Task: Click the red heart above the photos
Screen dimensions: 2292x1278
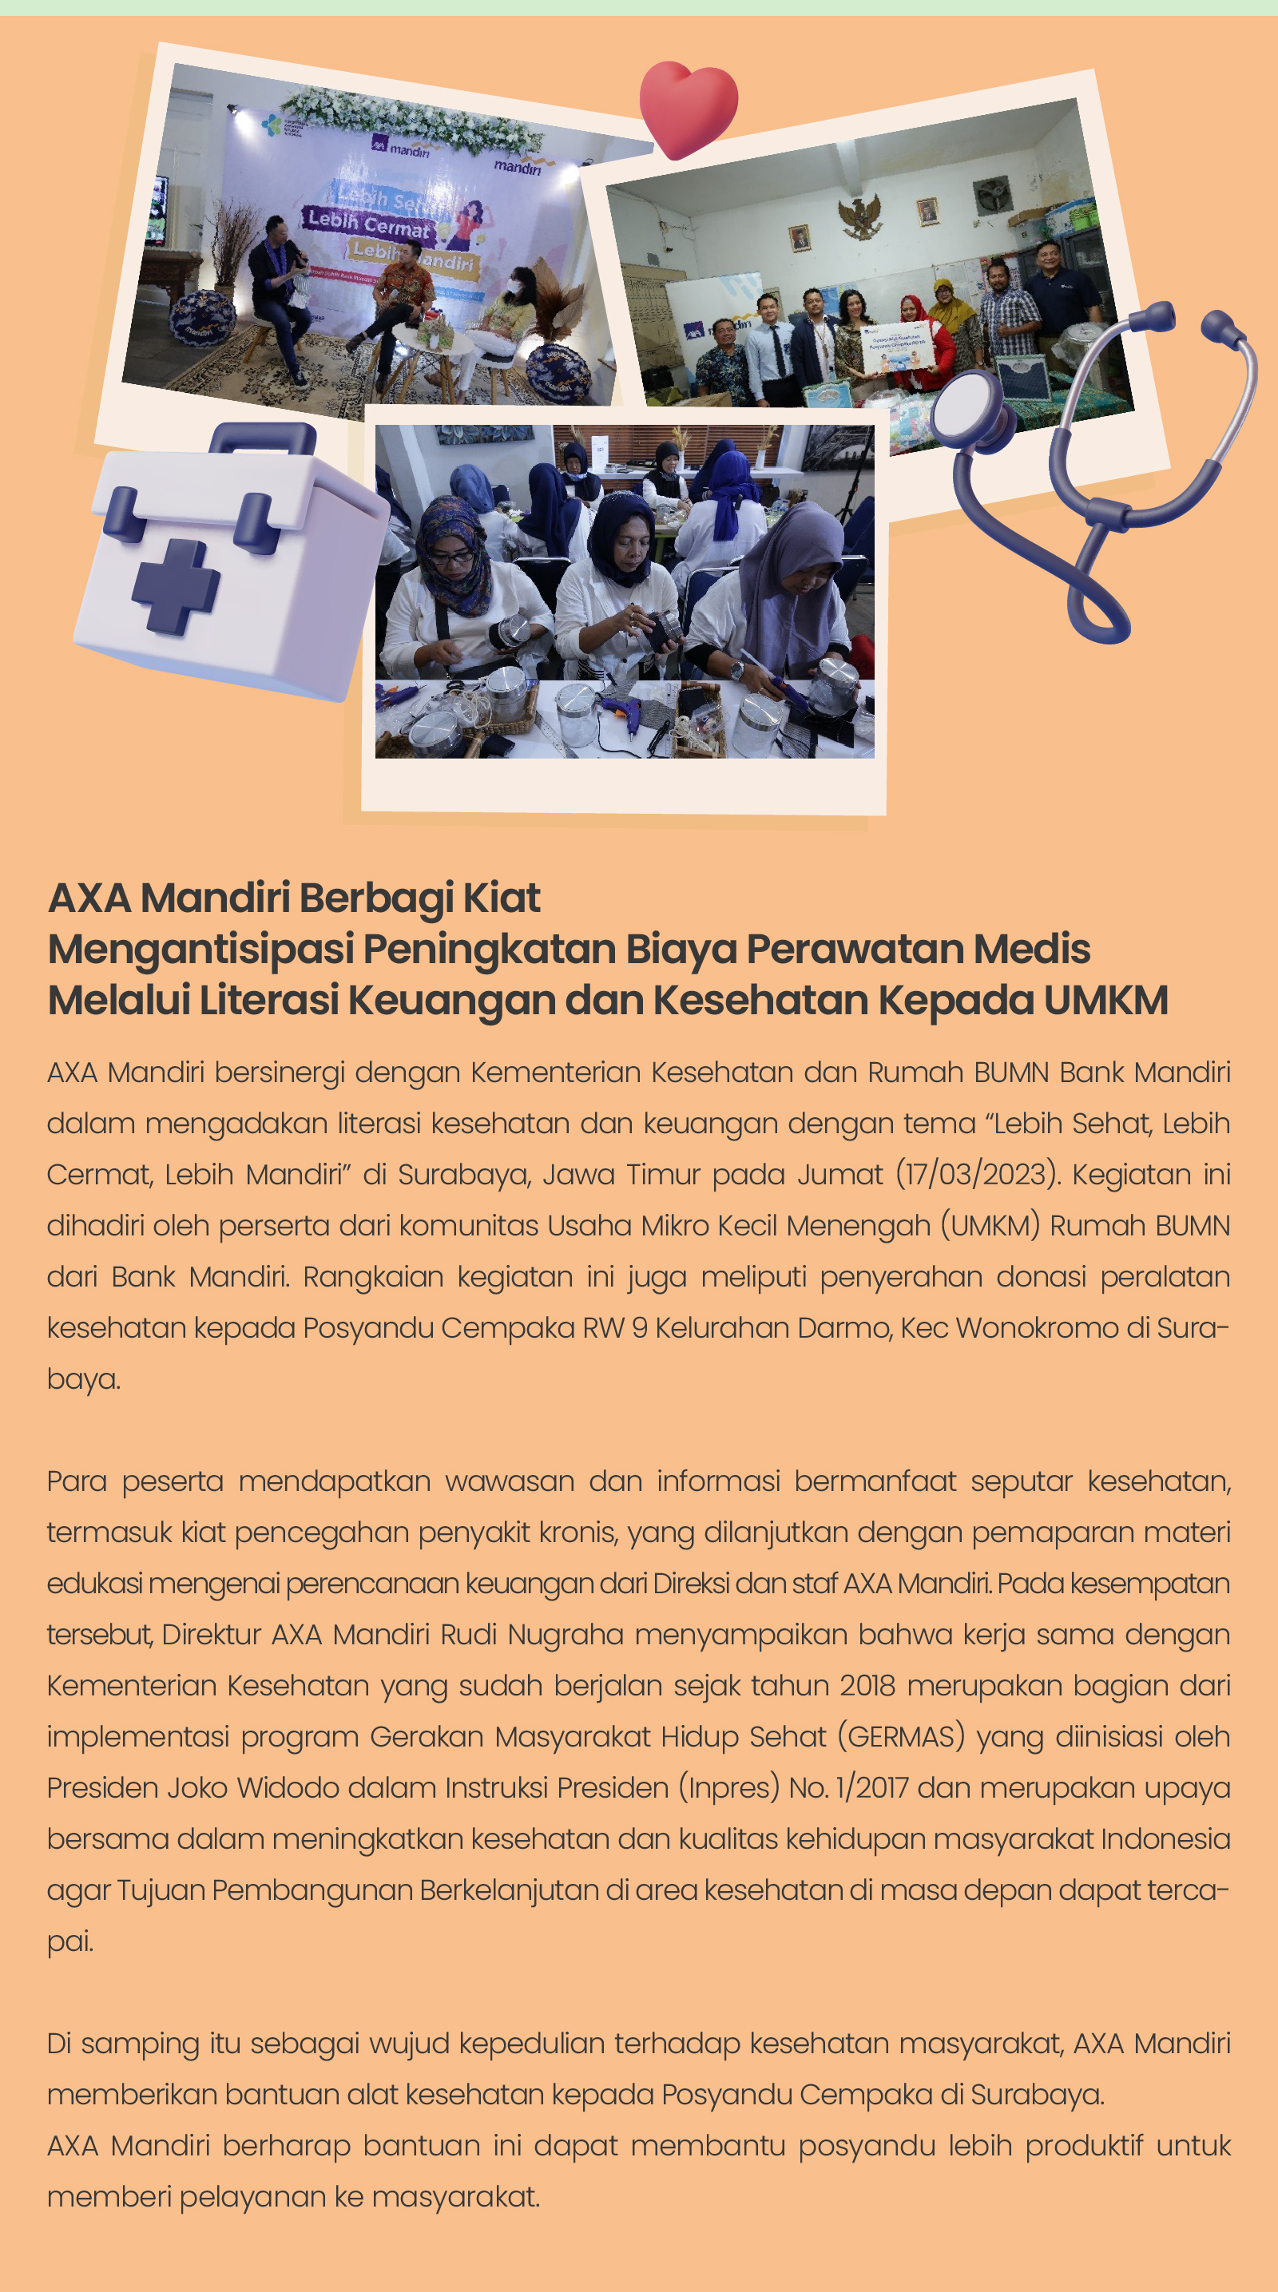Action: tap(689, 108)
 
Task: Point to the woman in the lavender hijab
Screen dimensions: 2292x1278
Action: tap(790, 587)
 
